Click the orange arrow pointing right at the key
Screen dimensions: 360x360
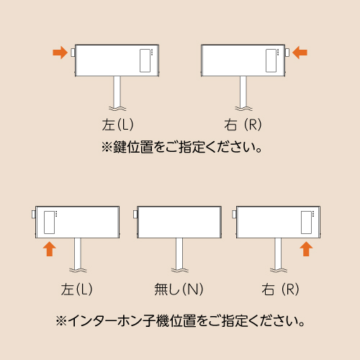pyautogui.click(x=60, y=53)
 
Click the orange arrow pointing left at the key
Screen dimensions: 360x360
pyautogui.click(x=300, y=53)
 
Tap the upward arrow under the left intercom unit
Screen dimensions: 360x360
pyautogui.click(x=50, y=249)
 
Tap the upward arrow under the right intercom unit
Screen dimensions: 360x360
pyautogui.click(x=306, y=249)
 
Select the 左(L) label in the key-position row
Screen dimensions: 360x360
pyautogui.click(x=117, y=125)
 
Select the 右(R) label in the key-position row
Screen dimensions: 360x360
pyautogui.click(x=243, y=125)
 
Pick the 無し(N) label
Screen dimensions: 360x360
pyautogui.click(x=179, y=289)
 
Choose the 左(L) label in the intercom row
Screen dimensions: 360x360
pyautogui.click(x=76, y=289)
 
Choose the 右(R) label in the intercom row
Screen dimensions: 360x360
pyautogui.click(x=280, y=289)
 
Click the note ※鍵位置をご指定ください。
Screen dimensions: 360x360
pyautogui.click(x=181, y=147)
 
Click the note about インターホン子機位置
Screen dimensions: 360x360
pyautogui.click(x=180, y=321)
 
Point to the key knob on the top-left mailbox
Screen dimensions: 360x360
pyautogui.click(x=73, y=53)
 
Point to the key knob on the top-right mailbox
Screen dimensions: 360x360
pyautogui.click(x=287, y=53)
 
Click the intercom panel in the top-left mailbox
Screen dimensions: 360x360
pyautogui.click(x=145, y=60)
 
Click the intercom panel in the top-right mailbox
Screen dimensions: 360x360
pyautogui.click(x=271, y=60)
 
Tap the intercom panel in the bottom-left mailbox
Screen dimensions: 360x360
pyautogui.click(x=49, y=222)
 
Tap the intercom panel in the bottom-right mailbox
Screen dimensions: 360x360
pyautogui.click(x=306, y=222)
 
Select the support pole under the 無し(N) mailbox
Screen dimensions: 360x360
pyautogui.click(x=179, y=254)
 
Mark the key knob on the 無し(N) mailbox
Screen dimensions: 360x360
pyautogui.click(x=135, y=215)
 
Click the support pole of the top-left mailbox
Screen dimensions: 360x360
pyautogui.click(x=117, y=92)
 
